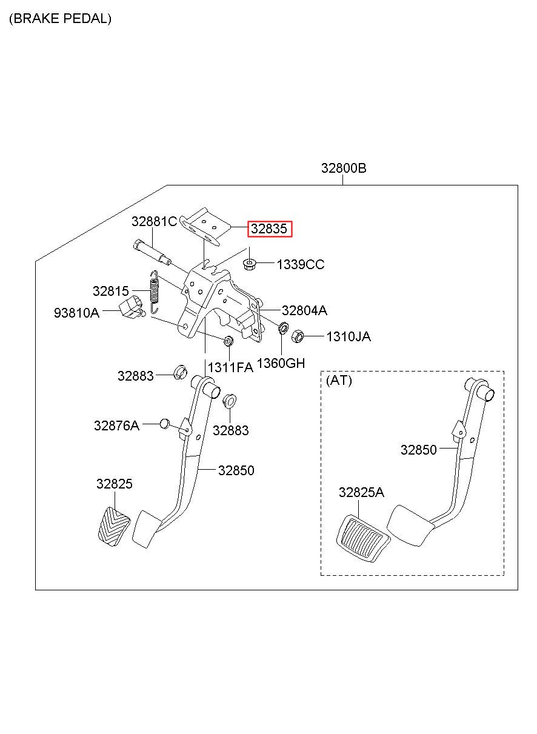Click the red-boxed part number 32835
[268, 229]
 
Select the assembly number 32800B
[344, 168]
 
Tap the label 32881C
[154, 221]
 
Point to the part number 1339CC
[301, 264]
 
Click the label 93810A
[76, 313]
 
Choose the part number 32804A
[304, 310]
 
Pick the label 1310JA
[349, 336]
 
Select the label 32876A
[116, 425]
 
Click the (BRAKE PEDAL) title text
[60, 19]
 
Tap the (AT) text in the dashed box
[339, 381]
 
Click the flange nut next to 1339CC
[250, 264]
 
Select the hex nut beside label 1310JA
[297, 336]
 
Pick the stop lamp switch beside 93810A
[132, 307]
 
